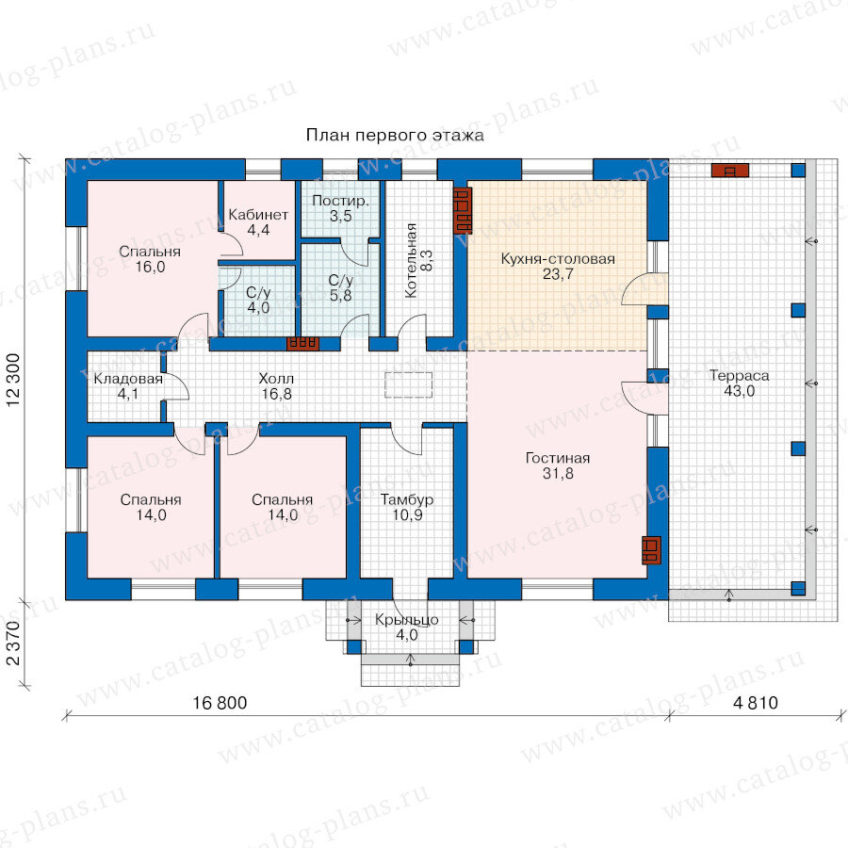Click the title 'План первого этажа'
[395, 135]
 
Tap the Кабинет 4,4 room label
[258, 222]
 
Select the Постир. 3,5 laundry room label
[341, 208]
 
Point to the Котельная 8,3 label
[418, 261]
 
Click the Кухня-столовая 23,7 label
[558, 267]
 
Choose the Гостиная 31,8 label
[558, 465]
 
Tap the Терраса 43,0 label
[740, 383]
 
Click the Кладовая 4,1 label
[128, 386]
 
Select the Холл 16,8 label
[276, 386]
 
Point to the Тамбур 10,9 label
[407, 507]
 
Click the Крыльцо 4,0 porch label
[407, 628]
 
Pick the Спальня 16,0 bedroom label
[150, 259]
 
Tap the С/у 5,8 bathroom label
[341, 287]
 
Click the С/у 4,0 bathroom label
[258, 301]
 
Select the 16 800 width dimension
[220, 703]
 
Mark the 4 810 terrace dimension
[756, 703]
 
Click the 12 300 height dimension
[13, 381]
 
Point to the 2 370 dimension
[13, 644]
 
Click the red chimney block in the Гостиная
[651, 550]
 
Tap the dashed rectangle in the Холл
[408, 385]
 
